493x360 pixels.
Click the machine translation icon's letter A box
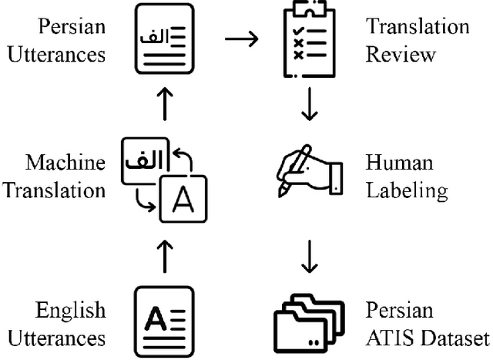[x=183, y=198]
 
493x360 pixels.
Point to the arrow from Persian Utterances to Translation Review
[x=241, y=39]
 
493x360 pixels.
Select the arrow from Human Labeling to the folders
[x=309, y=261]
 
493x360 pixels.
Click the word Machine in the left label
[x=65, y=163]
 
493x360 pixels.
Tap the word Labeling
[x=407, y=190]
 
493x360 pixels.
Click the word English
[x=70, y=311]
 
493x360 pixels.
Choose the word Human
[x=399, y=163]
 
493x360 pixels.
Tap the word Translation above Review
[x=417, y=27]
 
